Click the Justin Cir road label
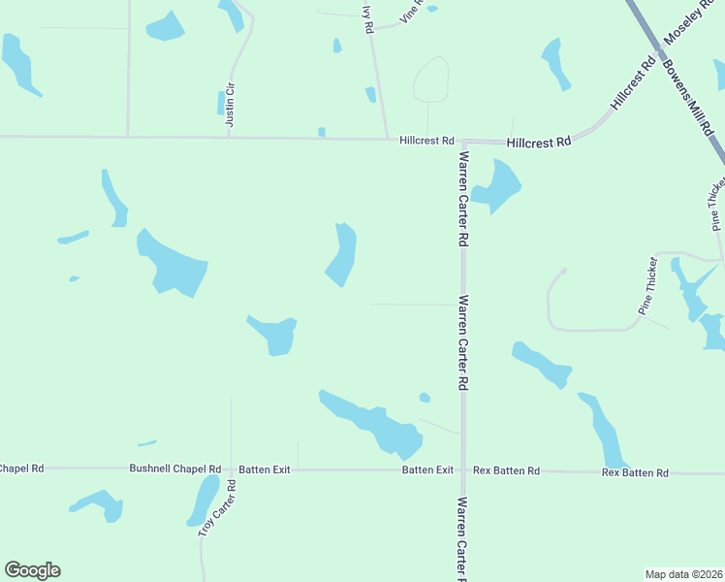(x=230, y=105)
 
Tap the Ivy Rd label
(x=367, y=19)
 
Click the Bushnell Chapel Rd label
(x=175, y=469)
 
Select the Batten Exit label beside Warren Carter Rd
(x=427, y=469)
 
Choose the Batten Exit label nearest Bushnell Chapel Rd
(x=265, y=469)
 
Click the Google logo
(x=32, y=570)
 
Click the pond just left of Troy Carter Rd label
(x=204, y=500)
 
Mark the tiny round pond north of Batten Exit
(x=425, y=397)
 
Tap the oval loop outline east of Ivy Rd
(x=431, y=79)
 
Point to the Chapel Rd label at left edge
(x=21, y=469)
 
